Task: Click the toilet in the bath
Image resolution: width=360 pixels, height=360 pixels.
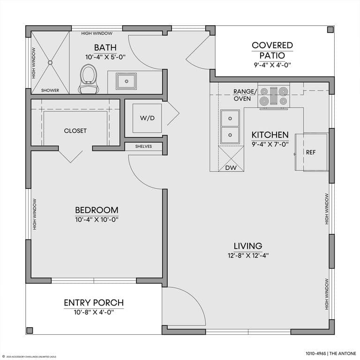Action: [89, 79]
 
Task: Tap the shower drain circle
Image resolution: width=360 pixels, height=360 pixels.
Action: [50, 62]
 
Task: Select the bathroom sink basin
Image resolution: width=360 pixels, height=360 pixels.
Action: [126, 81]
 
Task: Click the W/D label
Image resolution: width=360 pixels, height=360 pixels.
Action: [147, 118]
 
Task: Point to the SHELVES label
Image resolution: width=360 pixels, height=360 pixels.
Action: [143, 146]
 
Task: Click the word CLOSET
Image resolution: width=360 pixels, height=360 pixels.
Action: [75, 131]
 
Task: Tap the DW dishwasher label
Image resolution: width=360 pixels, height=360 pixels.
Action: [231, 168]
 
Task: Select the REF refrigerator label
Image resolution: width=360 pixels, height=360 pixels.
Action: [311, 152]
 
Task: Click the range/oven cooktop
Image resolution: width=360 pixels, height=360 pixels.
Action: [274, 95]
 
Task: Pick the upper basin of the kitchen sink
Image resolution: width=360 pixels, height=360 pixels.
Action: [230, 119]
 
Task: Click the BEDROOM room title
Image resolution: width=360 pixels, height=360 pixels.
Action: [97, 210]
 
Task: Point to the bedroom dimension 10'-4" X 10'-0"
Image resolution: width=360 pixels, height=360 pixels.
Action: [97, 220]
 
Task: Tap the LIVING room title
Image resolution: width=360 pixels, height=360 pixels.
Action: [248, 246]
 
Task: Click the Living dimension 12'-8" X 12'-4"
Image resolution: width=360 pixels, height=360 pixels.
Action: [248, 255]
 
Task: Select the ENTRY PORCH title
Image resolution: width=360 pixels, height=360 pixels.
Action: [94, 303]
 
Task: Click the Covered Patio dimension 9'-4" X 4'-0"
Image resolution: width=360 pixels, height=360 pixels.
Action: [272, 65]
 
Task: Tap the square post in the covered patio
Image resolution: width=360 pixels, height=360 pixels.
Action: [330, 30]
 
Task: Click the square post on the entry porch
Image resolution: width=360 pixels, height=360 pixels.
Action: [30, 330]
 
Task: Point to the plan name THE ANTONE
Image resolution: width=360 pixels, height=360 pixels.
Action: [343, 353]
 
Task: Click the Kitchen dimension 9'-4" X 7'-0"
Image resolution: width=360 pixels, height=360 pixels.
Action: [270, 144]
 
